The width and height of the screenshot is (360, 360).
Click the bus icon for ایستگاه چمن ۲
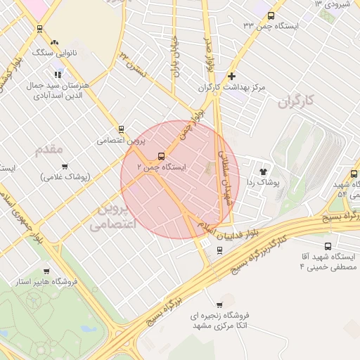pos(162,156)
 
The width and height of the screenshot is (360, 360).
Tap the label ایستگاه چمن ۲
pos(162,169)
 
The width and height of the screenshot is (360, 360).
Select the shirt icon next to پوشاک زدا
pos(264,171)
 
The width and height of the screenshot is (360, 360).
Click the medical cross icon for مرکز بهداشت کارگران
pos(232,76)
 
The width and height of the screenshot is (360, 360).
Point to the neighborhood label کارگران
pos(293,102)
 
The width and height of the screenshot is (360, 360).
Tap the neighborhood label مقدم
pos(49,149)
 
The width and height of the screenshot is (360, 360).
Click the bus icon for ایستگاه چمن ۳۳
pos(271,15)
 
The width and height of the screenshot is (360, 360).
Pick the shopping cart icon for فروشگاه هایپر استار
pos(46,271)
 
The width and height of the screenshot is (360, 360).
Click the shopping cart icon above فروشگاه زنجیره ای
pos(219,304)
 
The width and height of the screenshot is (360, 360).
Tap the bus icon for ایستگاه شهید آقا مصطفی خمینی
pos(328,246)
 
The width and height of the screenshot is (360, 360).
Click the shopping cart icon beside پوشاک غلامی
pos(65,167)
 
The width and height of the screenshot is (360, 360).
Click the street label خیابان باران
pos(173,56)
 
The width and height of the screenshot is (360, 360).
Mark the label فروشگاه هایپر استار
pos(46,283)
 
